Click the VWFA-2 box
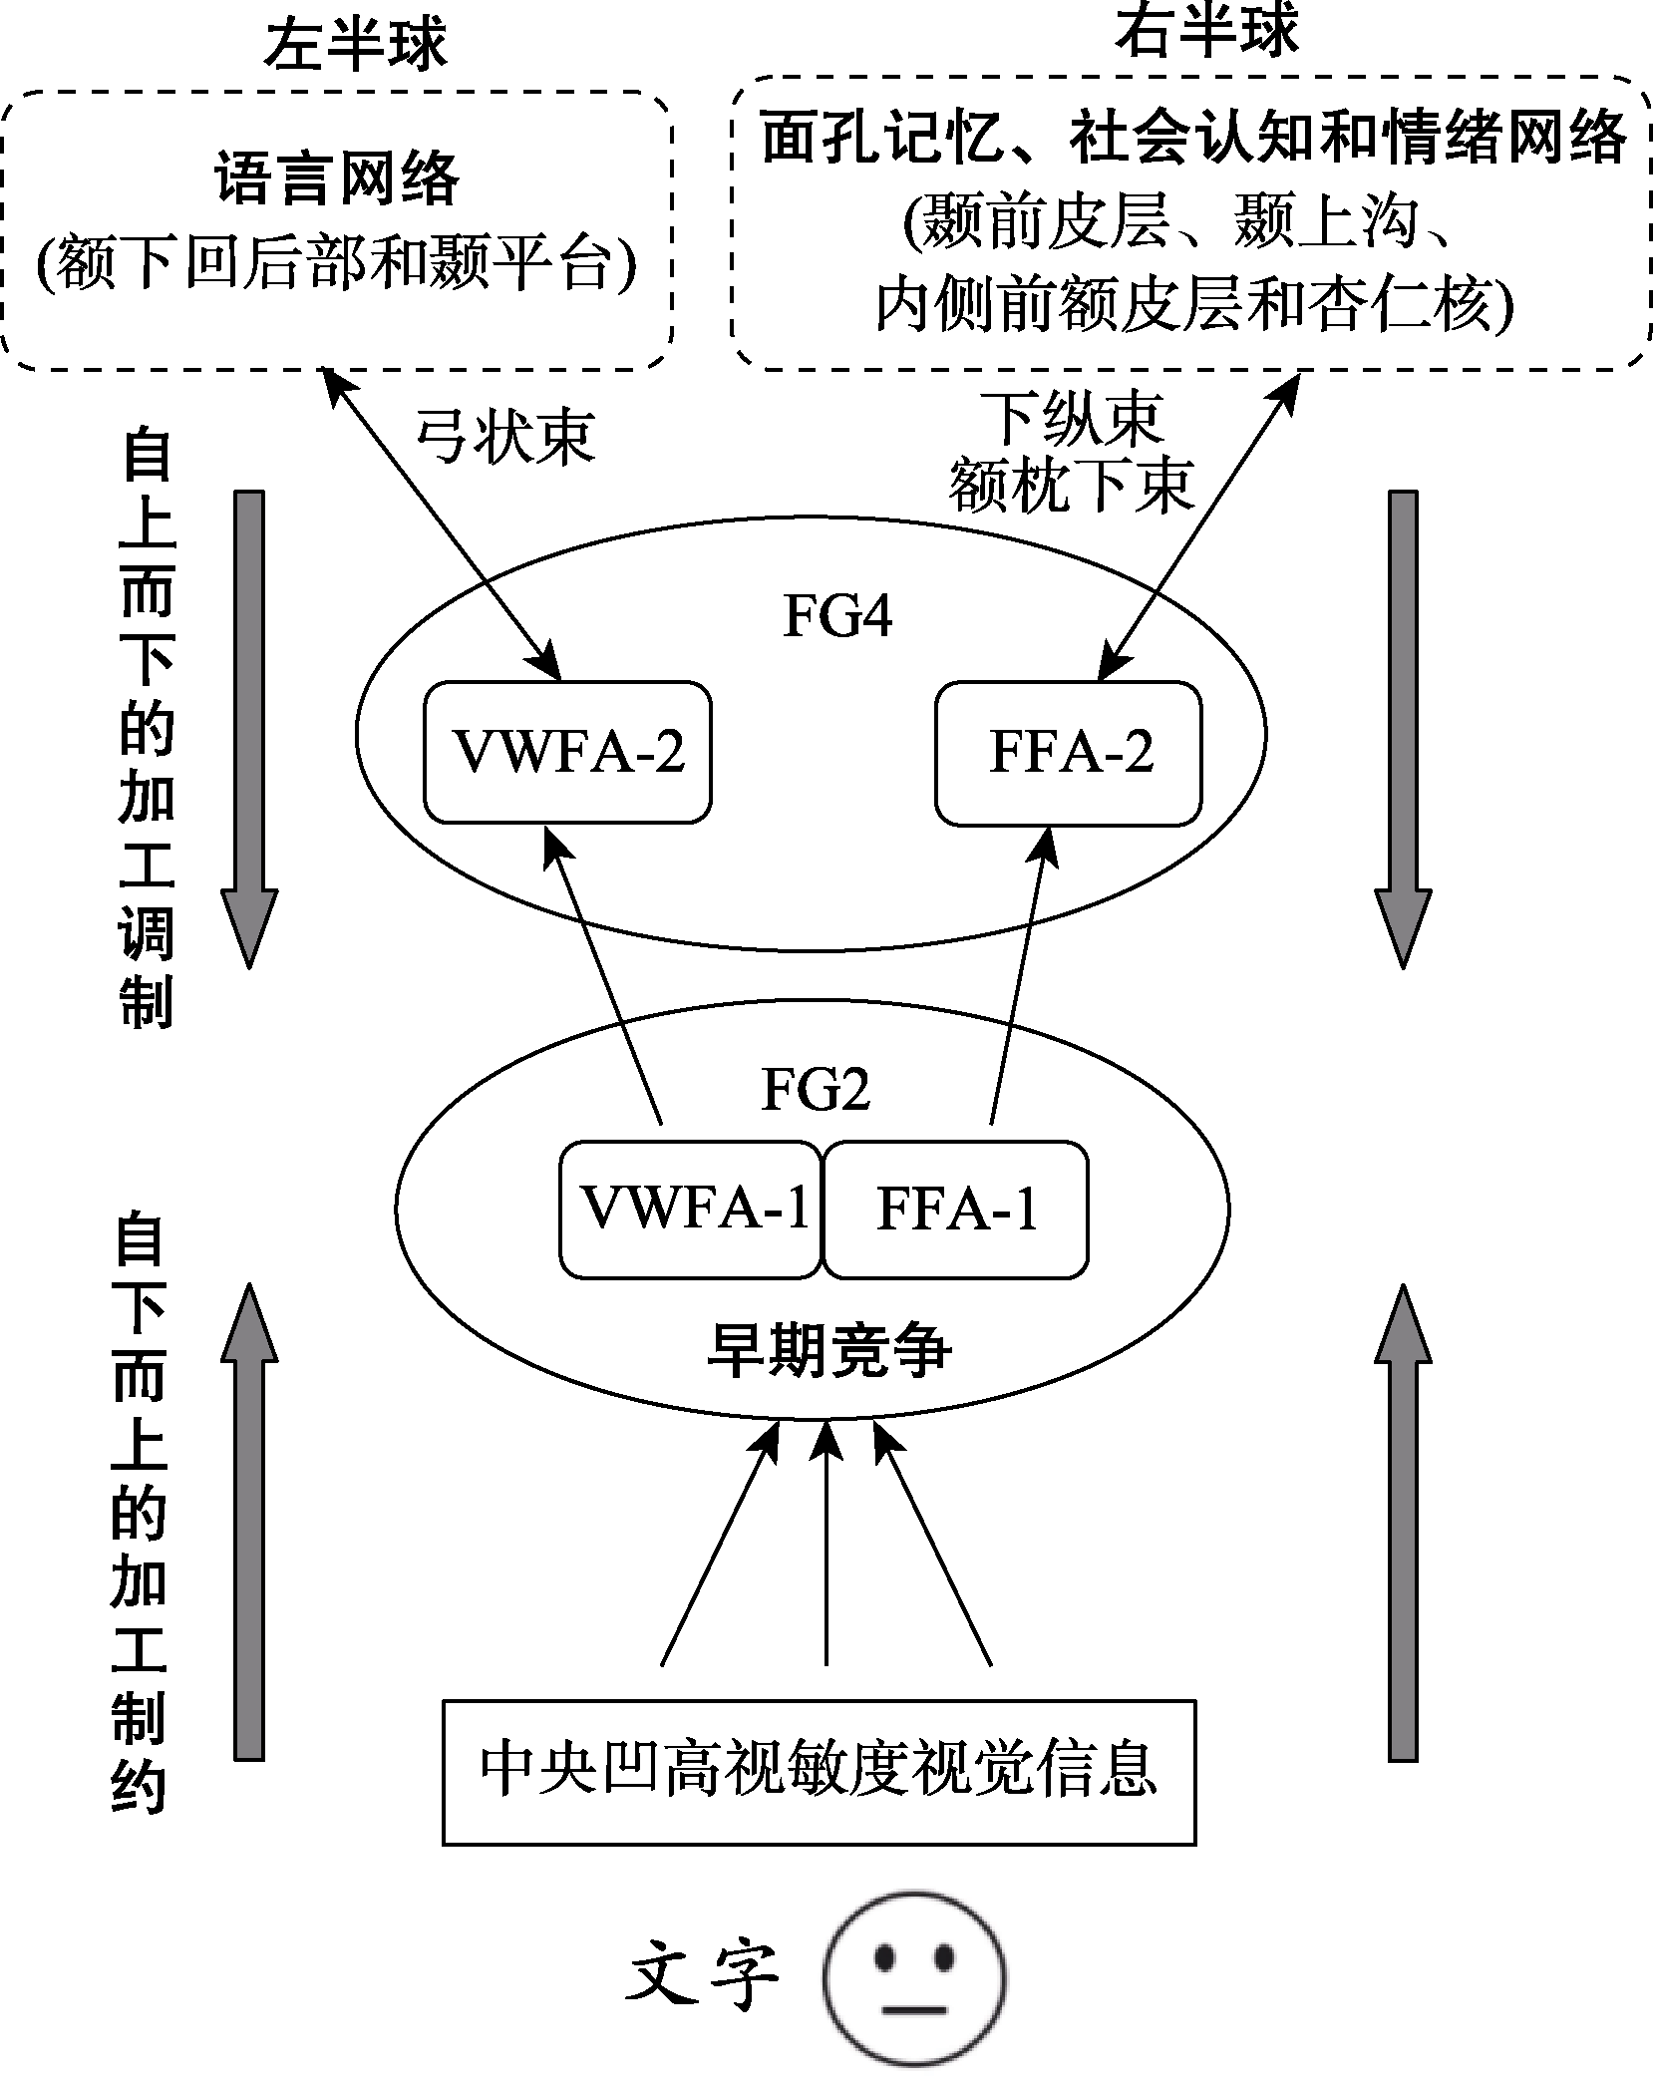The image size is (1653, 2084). click(x=568, y=752)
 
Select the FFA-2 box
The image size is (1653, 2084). click(x=1069, y=753)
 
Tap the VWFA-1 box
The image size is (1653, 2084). click(x=692, y=1209)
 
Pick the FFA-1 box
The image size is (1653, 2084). click(x=956, y=1209)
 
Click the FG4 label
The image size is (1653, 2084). click(x=836, y=615)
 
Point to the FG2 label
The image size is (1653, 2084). click(x=816, y=1088)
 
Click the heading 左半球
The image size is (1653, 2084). click(x=355, y=45)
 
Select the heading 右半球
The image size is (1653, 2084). click(x=1208, y=30)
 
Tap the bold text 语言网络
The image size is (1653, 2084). click(x=337, y=179)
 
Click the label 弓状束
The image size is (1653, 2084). click(x=504, y=436)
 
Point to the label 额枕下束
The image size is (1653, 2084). click(x=1071, y=488)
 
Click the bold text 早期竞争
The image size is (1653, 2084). click(x=828, y=1351)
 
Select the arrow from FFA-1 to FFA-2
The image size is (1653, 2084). click(x=1019, y=977)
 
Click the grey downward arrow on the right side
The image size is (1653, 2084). click(x=1403, y=728)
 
